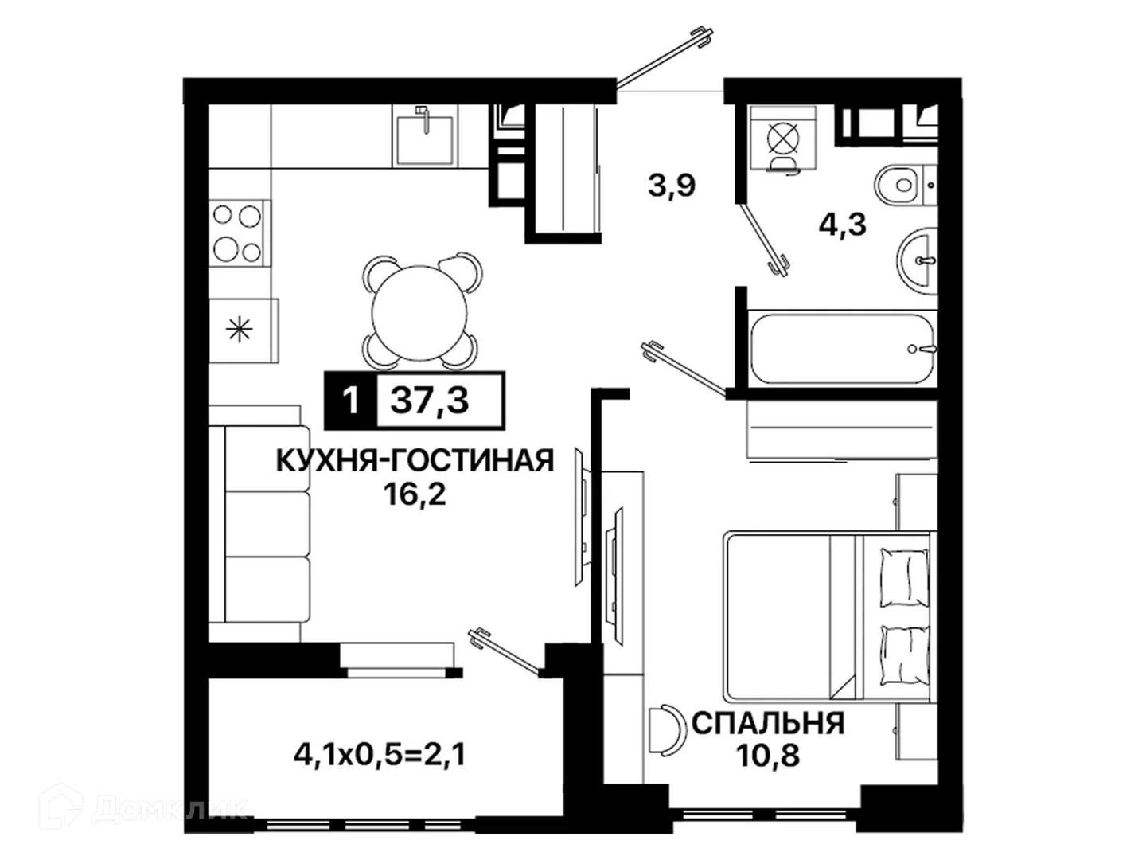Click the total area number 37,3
point(429,401)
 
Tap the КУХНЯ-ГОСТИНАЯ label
point(415,461)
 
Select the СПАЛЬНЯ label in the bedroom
point(768,724)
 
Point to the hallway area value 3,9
point(672,185)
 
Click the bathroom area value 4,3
point(842,225)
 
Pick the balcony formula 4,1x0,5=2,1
point(380,755)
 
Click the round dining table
point(419,313)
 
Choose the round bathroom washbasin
point(917,261)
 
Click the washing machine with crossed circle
point(782,139)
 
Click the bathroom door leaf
point(763,239)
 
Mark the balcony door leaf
point(505,654)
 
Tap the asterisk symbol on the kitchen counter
point(239,330)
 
